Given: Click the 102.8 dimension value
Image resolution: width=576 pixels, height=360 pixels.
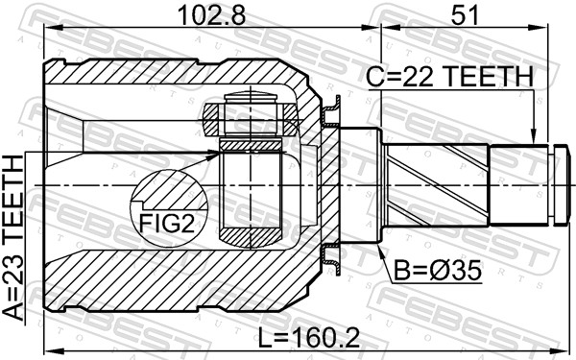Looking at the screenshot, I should point(203,15).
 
